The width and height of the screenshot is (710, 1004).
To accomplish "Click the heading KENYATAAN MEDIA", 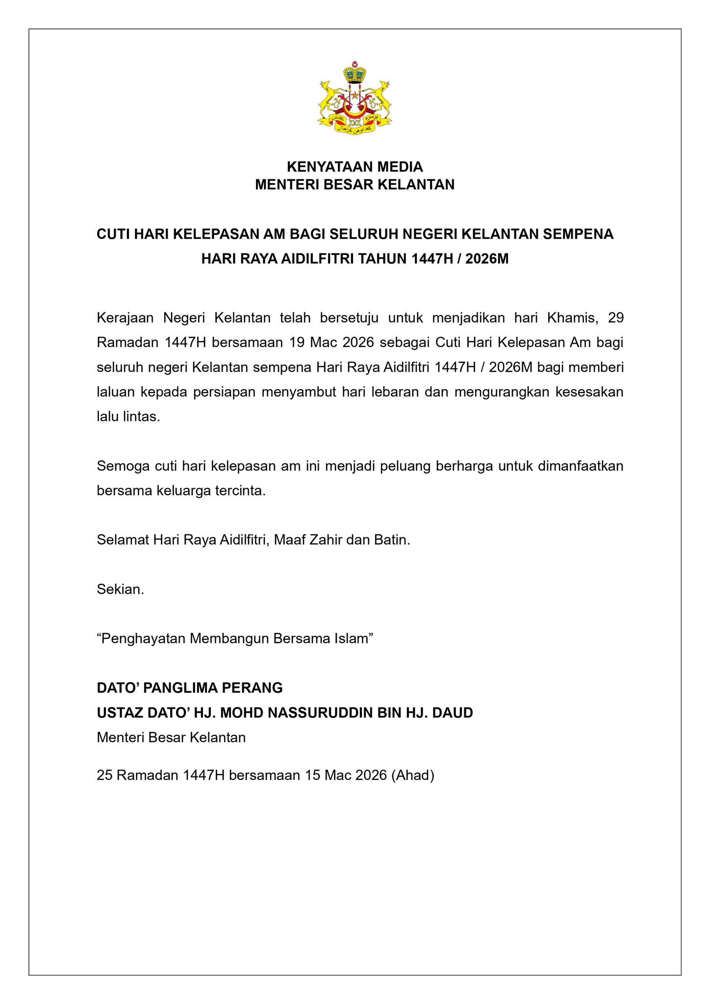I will click(x=355, y=167).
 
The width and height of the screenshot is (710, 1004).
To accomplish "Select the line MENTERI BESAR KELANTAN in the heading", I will click(x=355, y=185).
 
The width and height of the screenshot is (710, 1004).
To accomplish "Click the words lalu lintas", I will click(x=128, y=417).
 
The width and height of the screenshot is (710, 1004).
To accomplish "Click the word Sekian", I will click(x=121, y=589).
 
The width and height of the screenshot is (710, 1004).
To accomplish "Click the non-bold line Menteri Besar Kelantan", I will click(x=171, y=737).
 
